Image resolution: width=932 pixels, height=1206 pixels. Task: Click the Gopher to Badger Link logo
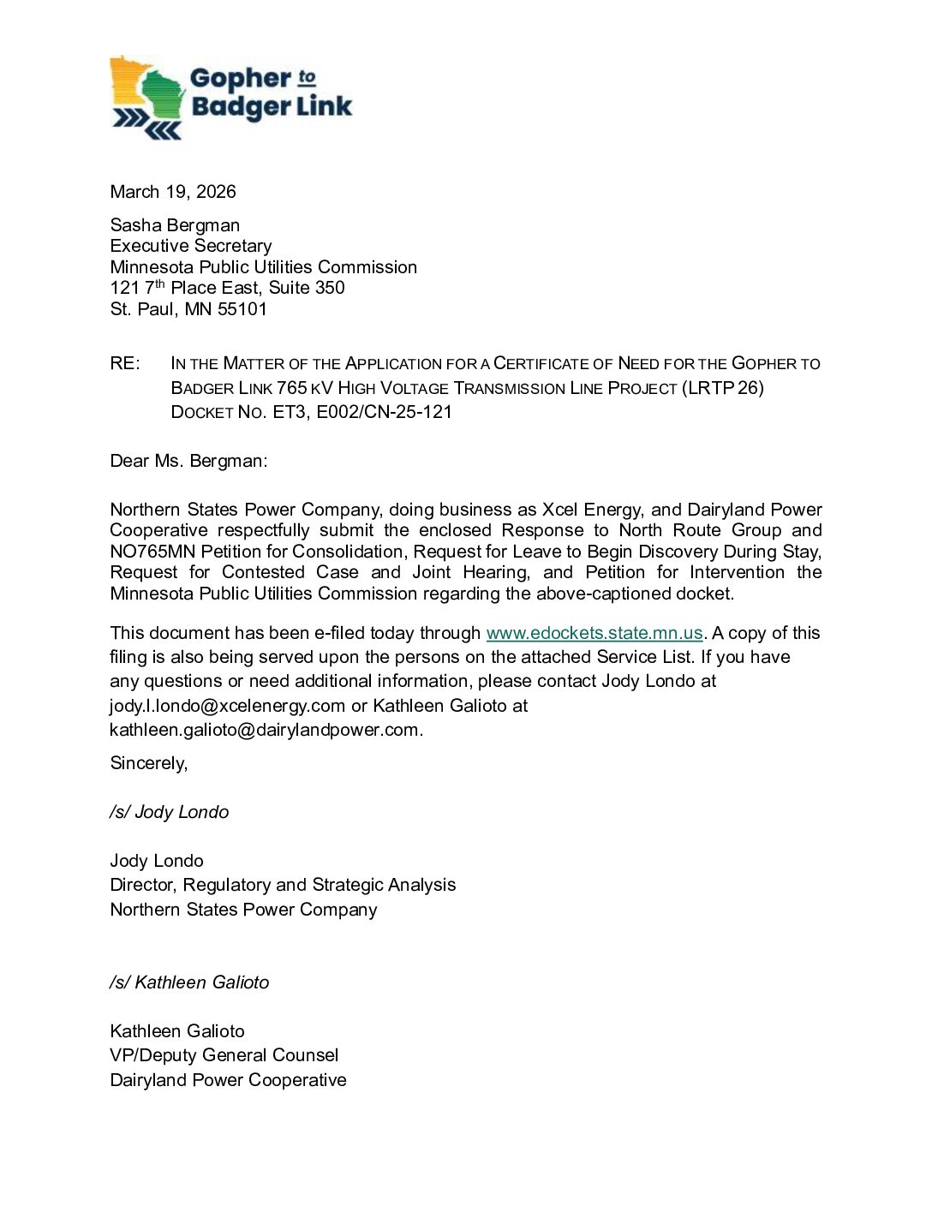(230, 98)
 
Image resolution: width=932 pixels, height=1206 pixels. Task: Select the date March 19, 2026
(173, 192)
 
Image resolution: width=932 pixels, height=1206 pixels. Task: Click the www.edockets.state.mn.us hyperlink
(594, 633)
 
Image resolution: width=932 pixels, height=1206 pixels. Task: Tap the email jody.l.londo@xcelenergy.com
(227, 706)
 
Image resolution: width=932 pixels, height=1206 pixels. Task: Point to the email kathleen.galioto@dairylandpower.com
(265, 730)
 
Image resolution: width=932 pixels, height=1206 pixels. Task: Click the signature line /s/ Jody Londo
(170, 812)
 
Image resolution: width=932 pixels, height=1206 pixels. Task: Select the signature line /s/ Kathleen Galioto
(189, 982)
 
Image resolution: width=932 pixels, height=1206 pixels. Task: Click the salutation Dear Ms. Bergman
(188, 461)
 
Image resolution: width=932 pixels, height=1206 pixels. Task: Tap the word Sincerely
(148, 763)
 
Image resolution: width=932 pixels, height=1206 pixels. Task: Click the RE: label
(124, 363)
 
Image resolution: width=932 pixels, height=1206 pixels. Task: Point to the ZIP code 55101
(242, 309)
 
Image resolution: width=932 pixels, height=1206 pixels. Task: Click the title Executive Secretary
(191, 246)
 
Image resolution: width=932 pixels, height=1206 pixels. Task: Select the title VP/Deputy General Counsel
(224, 1055)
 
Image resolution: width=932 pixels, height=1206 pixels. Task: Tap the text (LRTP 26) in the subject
(723, 388)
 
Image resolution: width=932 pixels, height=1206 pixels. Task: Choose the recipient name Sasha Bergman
(175, 225)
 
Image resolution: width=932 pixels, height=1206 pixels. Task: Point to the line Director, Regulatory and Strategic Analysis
(283, 885)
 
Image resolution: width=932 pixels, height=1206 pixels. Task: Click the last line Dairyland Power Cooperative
(228, 1080)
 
